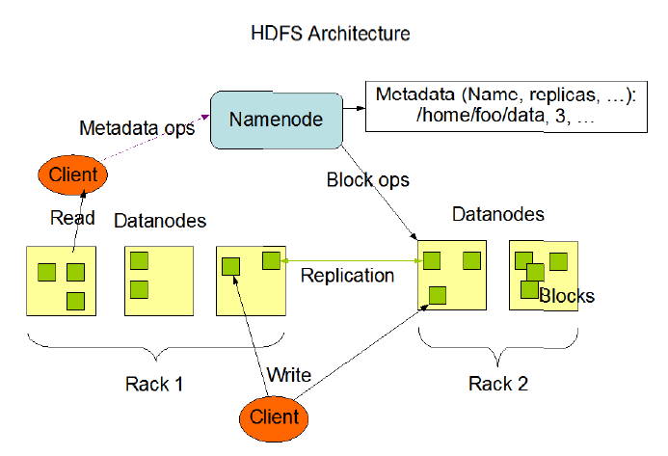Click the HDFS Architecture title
[x=330, y=34]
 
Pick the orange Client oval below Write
[x=274, y=417]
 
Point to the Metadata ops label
[x=136, y=127]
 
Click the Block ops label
[x=367, y=180]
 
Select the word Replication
[x=347, y=276]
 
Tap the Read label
[x=71, y=219]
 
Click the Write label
[x=288, y=374]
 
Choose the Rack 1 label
[x=154, y=384]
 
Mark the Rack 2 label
[x=498, y=384]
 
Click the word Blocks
[x=567, y=296]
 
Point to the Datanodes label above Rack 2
[x=498, y=214]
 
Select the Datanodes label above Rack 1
[x=160, y=221]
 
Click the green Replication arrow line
[x=347, y=260]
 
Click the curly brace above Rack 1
[x=155, y=346]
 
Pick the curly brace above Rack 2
[x=498, y=346]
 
